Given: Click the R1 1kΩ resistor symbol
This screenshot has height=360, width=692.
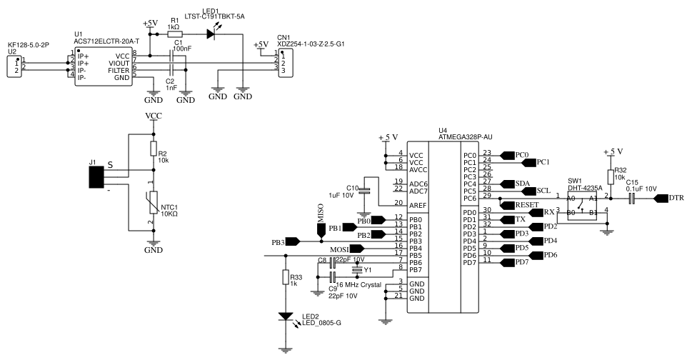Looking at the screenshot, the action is coord(174,34).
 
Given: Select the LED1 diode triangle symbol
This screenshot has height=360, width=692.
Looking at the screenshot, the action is coord(211,34).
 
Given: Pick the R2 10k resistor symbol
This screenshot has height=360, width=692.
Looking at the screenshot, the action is coord(153,149).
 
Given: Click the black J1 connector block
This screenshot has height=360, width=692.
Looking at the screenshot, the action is coord(96,177).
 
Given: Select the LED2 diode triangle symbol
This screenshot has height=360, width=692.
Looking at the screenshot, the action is coord(286,316).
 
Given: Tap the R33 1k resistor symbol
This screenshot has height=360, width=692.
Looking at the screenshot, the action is coord(286,277).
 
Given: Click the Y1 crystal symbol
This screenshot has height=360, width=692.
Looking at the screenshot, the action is coord(357,269).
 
